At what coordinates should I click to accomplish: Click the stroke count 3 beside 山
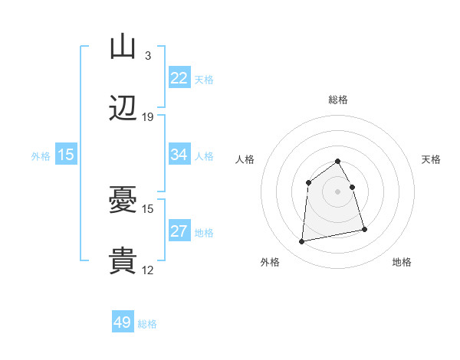[x=147, y=56]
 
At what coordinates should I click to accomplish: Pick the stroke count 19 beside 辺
[x=148, y=117]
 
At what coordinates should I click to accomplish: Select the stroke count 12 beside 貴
[x=148, y=270]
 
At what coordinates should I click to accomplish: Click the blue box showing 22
[x=179, y=78]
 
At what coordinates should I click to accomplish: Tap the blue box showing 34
[x=179, y=155]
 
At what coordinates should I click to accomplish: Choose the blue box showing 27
[x=179, y=231]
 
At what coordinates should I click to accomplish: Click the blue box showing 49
[x=123, y=322]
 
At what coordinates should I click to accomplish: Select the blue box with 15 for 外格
[x=66, y=155]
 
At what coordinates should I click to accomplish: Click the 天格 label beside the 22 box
[x=204, y=79]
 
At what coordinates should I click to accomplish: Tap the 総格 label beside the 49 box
[x=147, y=324]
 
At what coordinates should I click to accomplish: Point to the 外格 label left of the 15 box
[x=41, y=155]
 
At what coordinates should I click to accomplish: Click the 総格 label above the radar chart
[x=337, y=100]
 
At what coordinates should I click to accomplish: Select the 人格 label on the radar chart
[x=245, y=159]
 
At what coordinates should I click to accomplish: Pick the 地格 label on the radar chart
[x=402, y=262]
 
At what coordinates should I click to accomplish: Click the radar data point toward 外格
[x=302, y=242]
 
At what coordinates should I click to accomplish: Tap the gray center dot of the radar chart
[x=337, y=191]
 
